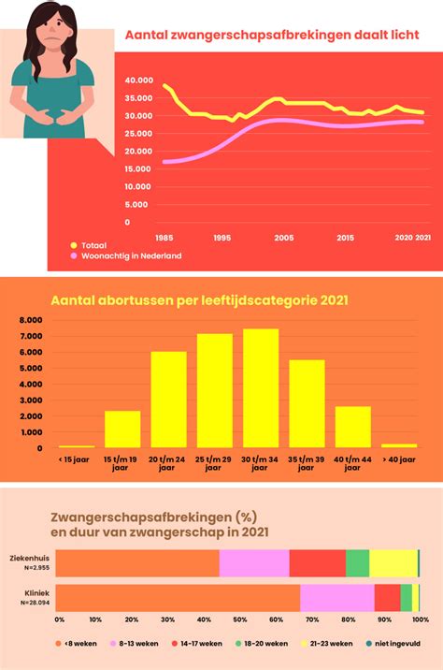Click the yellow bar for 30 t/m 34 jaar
coord(262,388)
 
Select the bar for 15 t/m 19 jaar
coord(122,429)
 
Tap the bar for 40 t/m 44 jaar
coord(353,427)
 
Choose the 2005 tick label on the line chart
coord(283,239)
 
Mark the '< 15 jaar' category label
coord(76,459)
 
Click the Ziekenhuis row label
coord(31,556)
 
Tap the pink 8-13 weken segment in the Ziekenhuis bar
coord(254,562)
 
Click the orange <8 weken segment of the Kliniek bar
coord(179,598)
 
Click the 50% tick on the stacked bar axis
coord(240,619)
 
